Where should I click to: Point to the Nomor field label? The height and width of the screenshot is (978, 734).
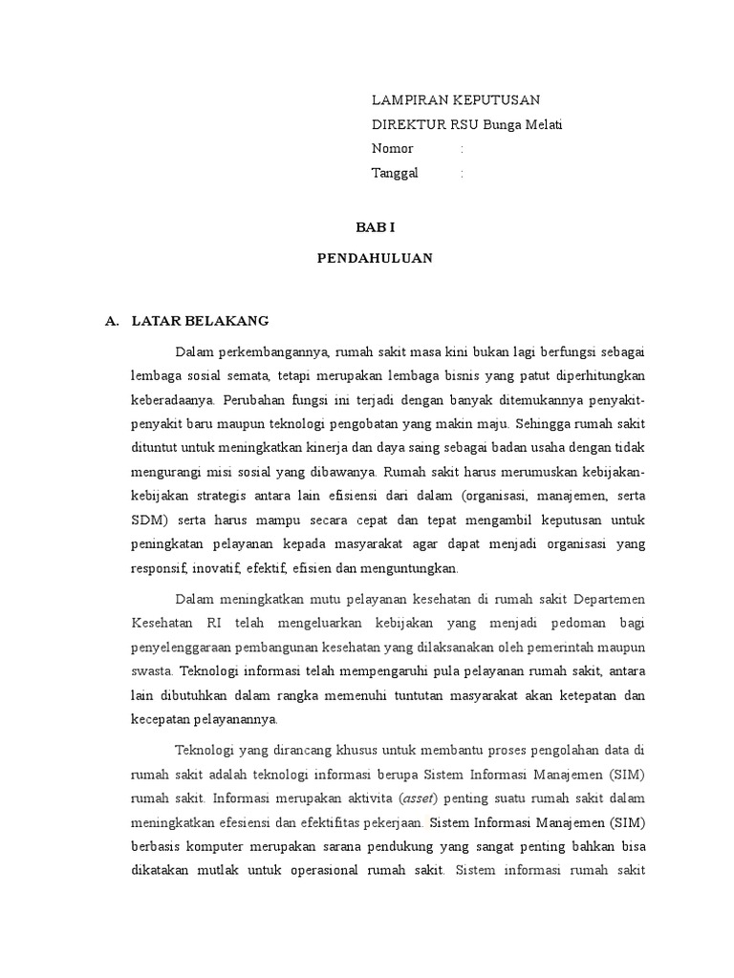(x=392, y=149)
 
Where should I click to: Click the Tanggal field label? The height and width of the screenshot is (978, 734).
(x=395, y=173)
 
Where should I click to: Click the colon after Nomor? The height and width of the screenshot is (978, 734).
(x=462, y=149)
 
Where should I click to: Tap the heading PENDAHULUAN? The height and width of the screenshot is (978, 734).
(x=375, y=258)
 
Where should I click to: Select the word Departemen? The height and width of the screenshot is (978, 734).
(x=609, y=600)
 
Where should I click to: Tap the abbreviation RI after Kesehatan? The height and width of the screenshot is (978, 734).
(x=212, y=625)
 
